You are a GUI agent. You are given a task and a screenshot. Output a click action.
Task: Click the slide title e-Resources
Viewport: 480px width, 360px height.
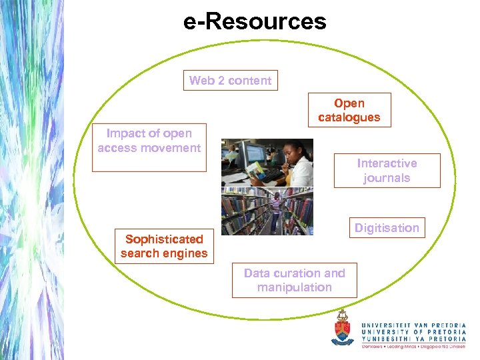pos(255,21)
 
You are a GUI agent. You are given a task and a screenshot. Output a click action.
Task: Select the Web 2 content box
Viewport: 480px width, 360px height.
pos(230,81)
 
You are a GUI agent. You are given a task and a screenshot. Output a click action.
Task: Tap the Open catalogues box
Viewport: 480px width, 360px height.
pos(349,110)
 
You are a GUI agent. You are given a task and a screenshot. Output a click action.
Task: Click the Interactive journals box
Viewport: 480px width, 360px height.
pos(387,171)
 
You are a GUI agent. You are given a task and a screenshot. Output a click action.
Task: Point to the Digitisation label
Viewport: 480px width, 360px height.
pos(387,228)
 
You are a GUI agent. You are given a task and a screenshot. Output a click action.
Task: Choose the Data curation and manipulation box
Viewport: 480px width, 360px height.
pos(294,280)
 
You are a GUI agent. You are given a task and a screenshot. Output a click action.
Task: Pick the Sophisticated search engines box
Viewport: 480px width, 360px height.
pos(164,246)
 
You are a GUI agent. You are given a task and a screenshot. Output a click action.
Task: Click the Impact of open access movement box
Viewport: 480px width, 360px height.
pos(149,147)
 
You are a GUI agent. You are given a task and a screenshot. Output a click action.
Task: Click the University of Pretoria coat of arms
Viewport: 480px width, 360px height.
pos(343,327)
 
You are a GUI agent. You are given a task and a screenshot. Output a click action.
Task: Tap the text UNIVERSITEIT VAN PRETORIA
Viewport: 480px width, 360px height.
pos(413,321)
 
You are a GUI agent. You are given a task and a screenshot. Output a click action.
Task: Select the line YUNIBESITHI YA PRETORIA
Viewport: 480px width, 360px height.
pos(413,339)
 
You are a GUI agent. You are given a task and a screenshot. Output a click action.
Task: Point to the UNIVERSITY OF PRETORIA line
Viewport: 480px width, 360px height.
pos(413,330)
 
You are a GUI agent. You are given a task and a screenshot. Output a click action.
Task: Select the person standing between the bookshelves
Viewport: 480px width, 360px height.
pos(276,210)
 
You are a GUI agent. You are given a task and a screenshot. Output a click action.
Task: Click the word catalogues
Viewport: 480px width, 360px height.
pos(349,117)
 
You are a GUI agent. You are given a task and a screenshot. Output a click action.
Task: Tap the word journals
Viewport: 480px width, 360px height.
pos(387,178)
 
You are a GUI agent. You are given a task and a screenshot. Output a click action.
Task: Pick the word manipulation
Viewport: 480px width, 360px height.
pos(294,287)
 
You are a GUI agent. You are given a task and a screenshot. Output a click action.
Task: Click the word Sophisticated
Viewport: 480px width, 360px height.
pos(164,239)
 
